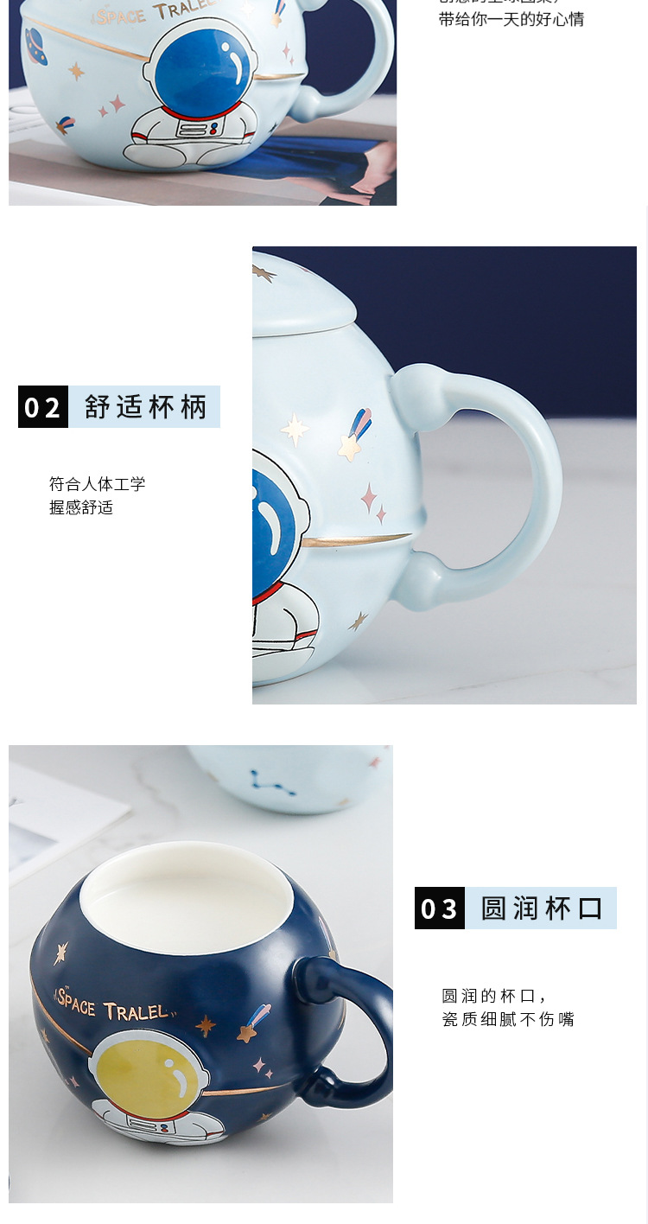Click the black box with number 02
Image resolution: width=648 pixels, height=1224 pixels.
(43, 406)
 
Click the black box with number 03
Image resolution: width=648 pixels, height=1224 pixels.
(440, 908)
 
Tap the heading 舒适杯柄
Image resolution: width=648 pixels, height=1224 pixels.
(145, 406)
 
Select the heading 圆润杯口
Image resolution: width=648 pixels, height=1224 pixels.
(541, 908)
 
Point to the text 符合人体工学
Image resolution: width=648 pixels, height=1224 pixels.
(97, 484)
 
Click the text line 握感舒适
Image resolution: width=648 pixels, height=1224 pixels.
(81, 507)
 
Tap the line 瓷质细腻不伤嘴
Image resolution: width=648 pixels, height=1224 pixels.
(508, 1019)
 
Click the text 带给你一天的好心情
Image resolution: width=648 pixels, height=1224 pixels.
(511, 19)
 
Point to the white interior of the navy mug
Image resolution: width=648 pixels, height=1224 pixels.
(187, 899)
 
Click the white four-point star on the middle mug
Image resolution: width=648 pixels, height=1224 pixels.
(295, 429)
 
